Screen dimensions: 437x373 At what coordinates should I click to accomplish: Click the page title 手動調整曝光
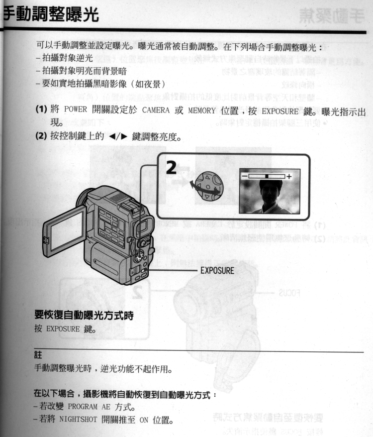click(x=50, y=15)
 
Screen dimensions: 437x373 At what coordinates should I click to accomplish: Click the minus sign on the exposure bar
click(x=244, y=176)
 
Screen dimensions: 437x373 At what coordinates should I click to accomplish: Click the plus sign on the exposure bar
click(x=289, y=176)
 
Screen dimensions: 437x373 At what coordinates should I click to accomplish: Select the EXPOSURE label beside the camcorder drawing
click(x=217, y=271)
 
